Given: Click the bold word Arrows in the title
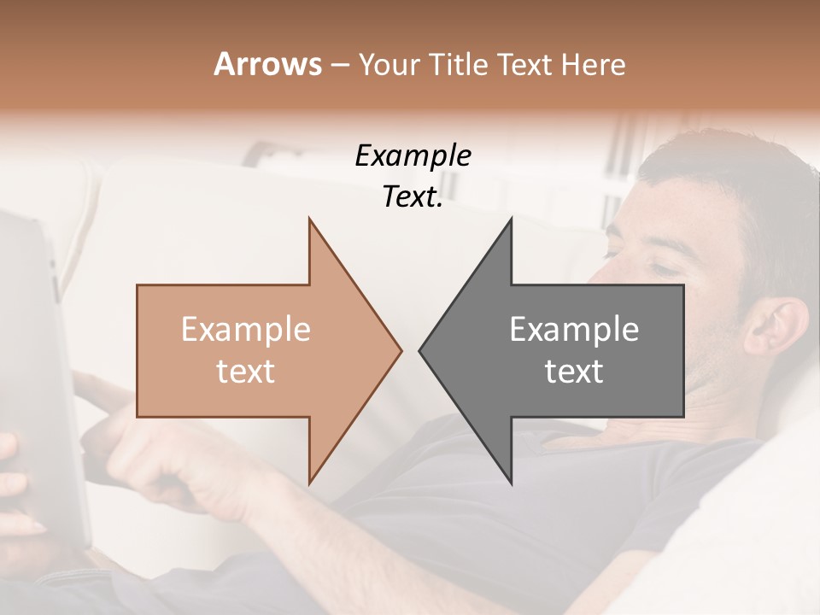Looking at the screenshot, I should tap(267, 64).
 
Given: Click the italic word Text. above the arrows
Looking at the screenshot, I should tap(413, 197).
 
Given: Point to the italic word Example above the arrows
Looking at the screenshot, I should tap(413, 156).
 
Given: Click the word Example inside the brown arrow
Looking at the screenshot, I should tap(245, 330).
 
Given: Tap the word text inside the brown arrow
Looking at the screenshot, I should tap(245, 372).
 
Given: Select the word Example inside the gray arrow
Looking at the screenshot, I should tap(574, 330).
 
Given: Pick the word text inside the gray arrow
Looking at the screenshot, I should tap(574, 372).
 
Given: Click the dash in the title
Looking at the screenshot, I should tap(339, 64).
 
